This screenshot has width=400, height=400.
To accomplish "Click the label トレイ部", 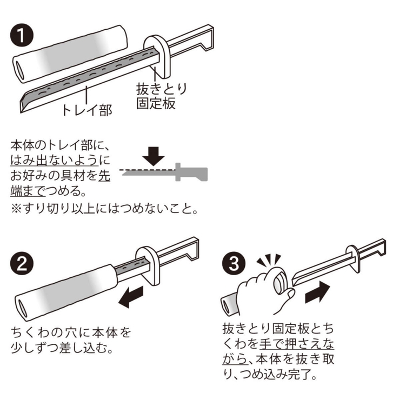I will pyautogui.click(x=86, y=110).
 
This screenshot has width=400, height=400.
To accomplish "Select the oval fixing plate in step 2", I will pyautogui.click(x=148, y=266).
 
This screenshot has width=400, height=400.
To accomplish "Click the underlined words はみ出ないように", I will pyautogui.click(x=60, y=161).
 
